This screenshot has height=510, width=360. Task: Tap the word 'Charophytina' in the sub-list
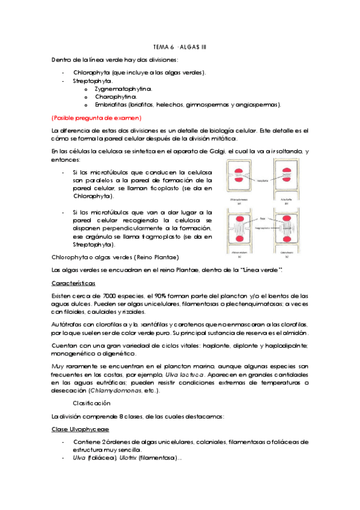[x=115, y=96]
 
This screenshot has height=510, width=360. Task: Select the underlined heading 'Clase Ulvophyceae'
[x=80, y=429]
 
